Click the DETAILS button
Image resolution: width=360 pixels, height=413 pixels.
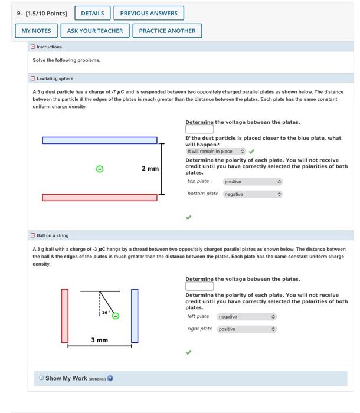click(92, 13)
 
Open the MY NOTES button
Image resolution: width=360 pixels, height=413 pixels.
click(36, 31)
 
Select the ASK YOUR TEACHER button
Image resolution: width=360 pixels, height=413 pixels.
click(95, 31)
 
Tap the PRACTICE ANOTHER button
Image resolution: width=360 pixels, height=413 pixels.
click(167, 31)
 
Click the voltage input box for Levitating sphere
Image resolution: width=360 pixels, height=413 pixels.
click(199, 130)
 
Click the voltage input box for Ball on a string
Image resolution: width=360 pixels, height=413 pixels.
click(199, 286)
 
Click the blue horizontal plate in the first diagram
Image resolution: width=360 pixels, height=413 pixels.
click(99, 140)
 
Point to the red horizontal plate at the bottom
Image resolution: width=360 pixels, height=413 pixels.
click(99, 197)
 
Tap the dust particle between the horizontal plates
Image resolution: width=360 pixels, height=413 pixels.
click(100, 169)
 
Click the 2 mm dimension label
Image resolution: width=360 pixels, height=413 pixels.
click(150, 169)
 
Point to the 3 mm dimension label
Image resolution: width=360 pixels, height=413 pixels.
click(99, 340)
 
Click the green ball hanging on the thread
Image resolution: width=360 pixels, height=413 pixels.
click(116, 316)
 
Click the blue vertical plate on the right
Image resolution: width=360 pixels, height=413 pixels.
click(135, 316)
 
